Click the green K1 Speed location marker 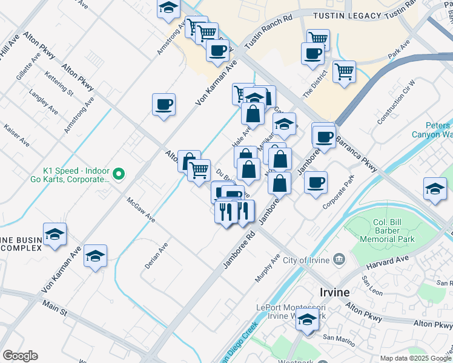point(119,175)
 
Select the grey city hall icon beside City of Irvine point(339,260)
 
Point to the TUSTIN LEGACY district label point(348,16)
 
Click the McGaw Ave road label point(141,209)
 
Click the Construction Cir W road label point(396,102)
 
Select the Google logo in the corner point(20,356)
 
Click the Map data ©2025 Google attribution point(415,358)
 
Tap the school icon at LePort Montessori point(308,321)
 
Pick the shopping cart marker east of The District point(344,73)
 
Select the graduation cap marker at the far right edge point(435,189)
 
